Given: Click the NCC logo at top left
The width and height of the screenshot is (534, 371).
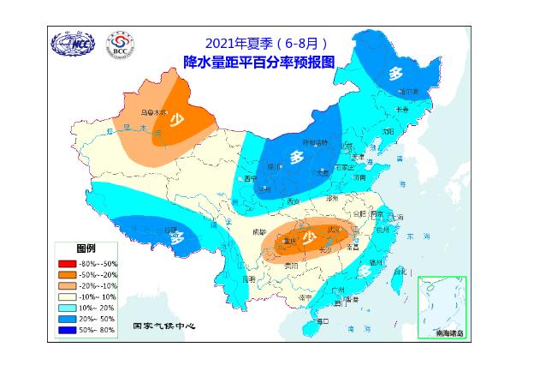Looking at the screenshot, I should [x=74, y=44].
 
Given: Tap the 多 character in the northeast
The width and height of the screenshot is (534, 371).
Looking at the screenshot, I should [x=395, y=73].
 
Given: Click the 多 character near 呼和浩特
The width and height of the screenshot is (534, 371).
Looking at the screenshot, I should [x=296, y=158].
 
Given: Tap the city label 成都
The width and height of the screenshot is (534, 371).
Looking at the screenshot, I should [x=260, y=231].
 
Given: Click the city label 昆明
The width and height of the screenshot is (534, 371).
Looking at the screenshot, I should [x=248, y=279].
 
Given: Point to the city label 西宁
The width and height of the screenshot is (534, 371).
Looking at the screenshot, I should [x=250, y=179].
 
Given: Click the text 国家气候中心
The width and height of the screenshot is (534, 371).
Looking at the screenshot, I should [x=166, y=326].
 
